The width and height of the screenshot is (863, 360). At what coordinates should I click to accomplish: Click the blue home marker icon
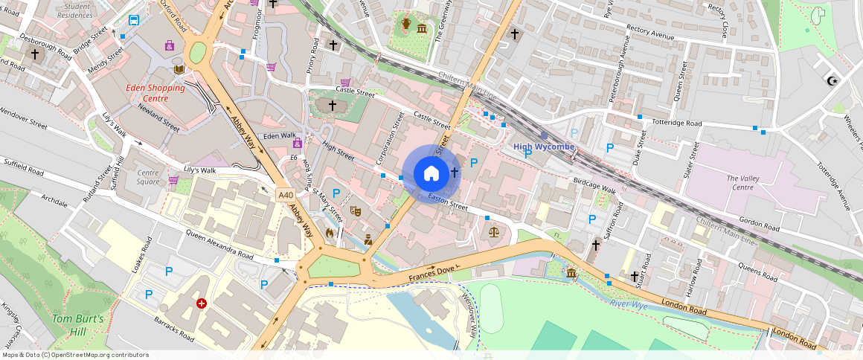tap(431, 174)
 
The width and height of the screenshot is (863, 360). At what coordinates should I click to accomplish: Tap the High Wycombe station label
tap(544, 147)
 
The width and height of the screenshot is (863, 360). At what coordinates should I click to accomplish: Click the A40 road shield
tap(285, 195)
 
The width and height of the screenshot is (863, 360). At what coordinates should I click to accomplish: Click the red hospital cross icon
tap(201, 303)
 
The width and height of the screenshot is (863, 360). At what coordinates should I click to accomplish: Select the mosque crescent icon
tap(832, 80)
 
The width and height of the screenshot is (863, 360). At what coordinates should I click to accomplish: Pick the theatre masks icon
tap(356, 212)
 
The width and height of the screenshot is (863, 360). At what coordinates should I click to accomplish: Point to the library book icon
tap(179, 69)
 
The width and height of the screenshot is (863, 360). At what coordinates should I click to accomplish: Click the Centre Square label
tap(147, 177)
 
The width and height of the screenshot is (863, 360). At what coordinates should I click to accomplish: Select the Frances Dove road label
tap(431, 274)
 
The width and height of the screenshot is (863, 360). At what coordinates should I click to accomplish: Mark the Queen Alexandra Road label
tap(208, 246)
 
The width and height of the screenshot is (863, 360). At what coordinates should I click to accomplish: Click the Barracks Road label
tap(175, 331)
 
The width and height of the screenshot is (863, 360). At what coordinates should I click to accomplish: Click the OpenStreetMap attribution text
tap(74, 355)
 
